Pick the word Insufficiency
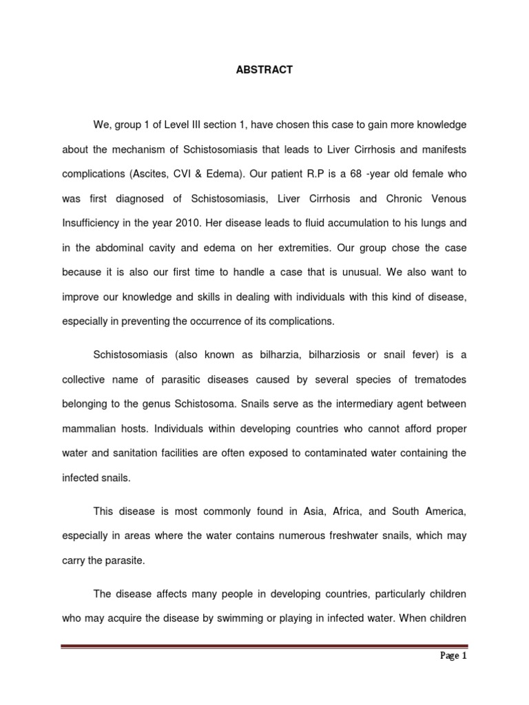click(x=90, y=223)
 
